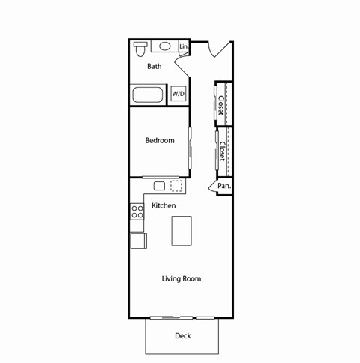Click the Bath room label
(154, 66)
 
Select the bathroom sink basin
(164, 46)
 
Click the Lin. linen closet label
(184, 47)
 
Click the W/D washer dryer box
(178, 93)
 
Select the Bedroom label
(160, 140)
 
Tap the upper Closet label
(223, 104)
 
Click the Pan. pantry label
(223, 186)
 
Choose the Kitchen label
(163, 205)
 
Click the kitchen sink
(160, 186)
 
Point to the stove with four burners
(137, 211)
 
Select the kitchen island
(181, 230)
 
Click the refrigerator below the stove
(138, 240)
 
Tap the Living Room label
(181, 279)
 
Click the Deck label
(182, 335)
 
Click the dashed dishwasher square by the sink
(177, 186)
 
